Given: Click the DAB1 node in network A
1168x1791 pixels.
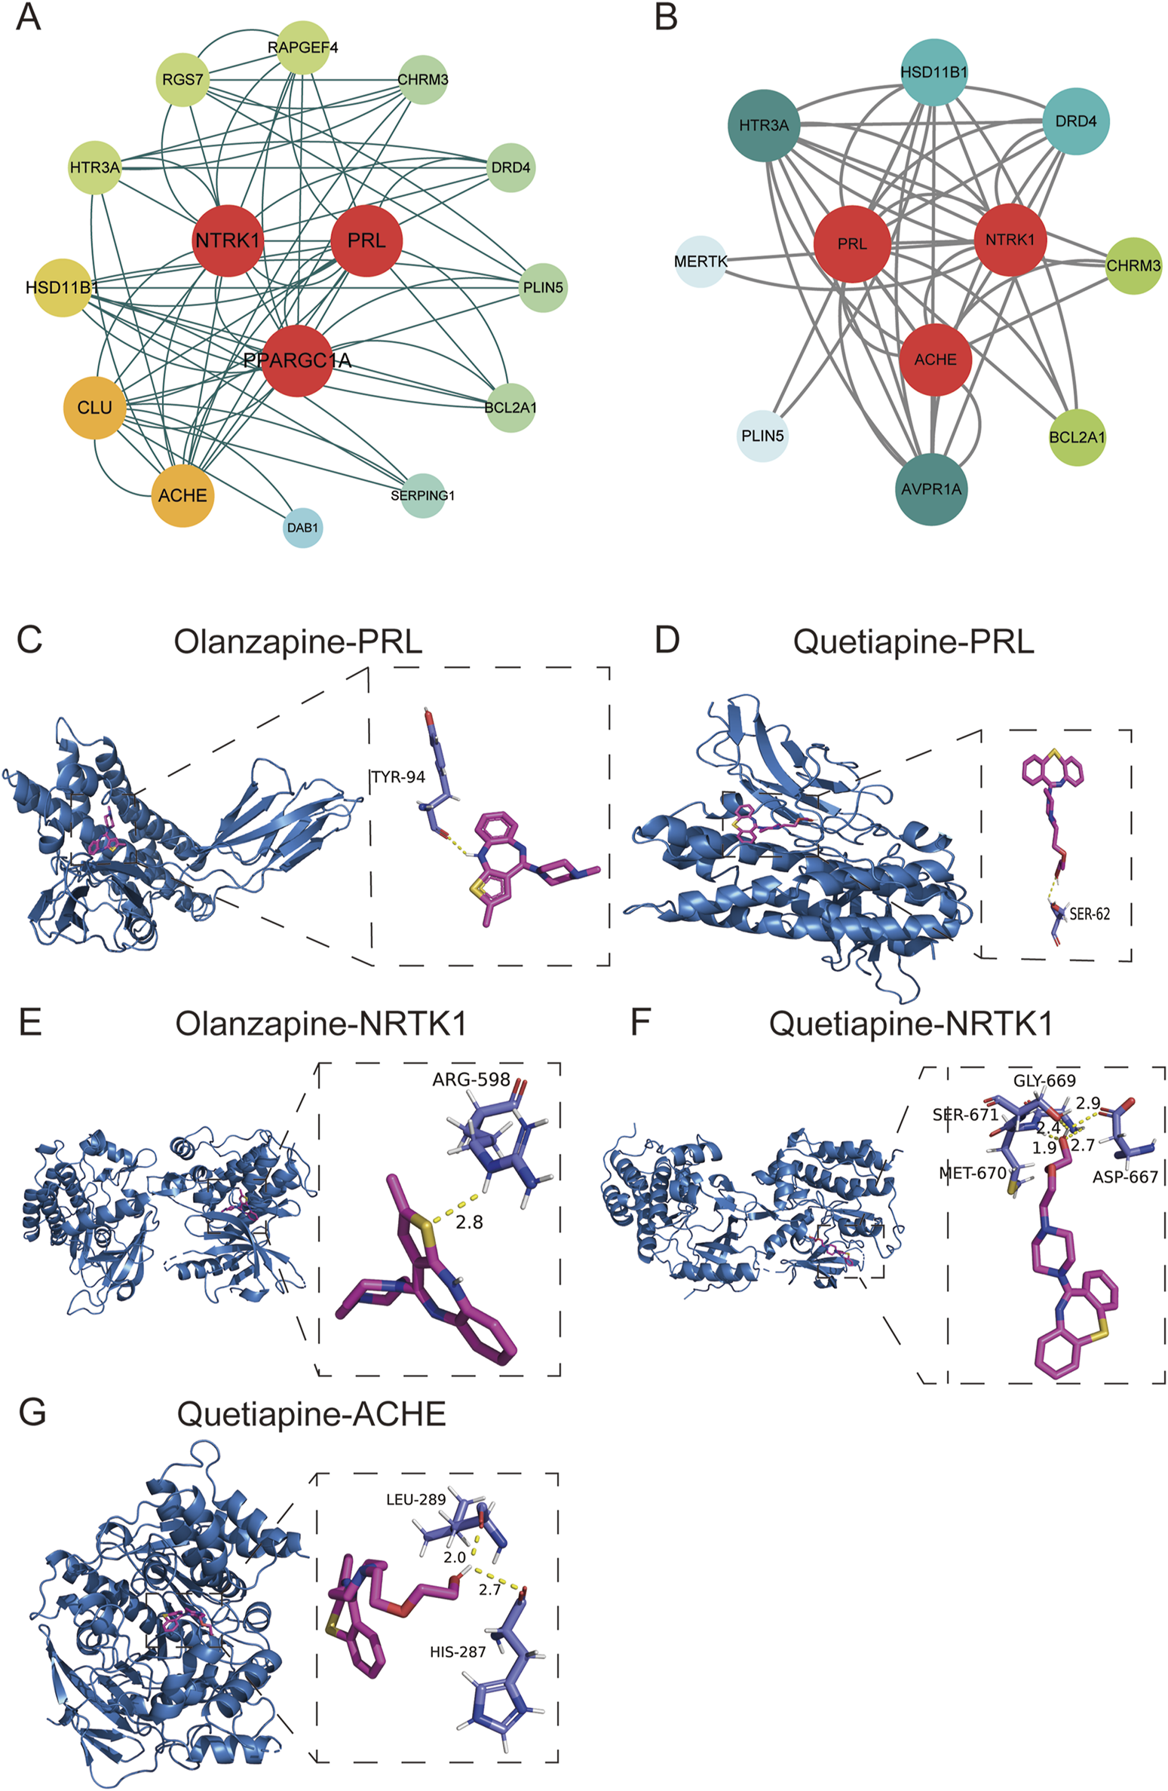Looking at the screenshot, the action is click(302, 528).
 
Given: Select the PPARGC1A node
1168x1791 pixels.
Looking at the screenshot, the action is click(298, 361).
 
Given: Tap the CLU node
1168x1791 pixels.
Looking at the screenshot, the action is click(94, 408).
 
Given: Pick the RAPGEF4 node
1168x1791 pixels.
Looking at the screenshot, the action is click(302, 47).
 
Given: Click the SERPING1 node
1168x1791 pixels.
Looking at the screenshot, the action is click(422, 495).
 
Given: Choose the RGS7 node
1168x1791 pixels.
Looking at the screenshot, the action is click(183, 79).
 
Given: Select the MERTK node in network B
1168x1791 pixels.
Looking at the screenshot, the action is click(700, 262).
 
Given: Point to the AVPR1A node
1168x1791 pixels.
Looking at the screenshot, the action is click(931, 489).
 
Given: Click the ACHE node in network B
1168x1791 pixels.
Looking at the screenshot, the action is click(935, 360).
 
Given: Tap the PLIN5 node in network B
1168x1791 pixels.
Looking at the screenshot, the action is click(762, 436).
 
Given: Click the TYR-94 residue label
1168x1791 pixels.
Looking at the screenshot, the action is click(398, 777).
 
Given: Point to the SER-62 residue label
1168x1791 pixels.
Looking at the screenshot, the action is click(1090, 914).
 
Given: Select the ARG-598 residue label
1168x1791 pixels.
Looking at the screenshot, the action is click(471, 1079).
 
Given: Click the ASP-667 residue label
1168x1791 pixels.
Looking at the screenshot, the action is click(1125, 1177).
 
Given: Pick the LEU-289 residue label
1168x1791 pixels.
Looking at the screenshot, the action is click(415, 1499).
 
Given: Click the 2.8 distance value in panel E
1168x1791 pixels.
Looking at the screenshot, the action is click(469, 1222).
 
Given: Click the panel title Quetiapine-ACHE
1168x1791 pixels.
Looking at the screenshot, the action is click(311, 1414).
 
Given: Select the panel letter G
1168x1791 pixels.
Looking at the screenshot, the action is click(32, 1413).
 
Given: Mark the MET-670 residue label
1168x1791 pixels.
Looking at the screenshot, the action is click(973, 1173).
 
